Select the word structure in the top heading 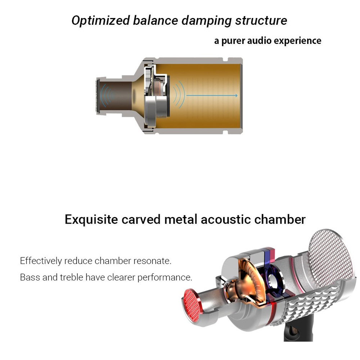[x=261, y=21]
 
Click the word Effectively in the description [x=41, y=261]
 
